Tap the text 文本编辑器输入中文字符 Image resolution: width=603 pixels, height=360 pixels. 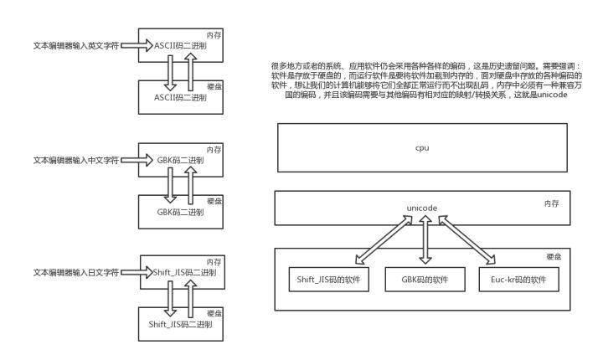(x=75, y=158)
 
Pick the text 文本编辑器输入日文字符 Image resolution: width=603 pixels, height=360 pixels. (x=75, y=271)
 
